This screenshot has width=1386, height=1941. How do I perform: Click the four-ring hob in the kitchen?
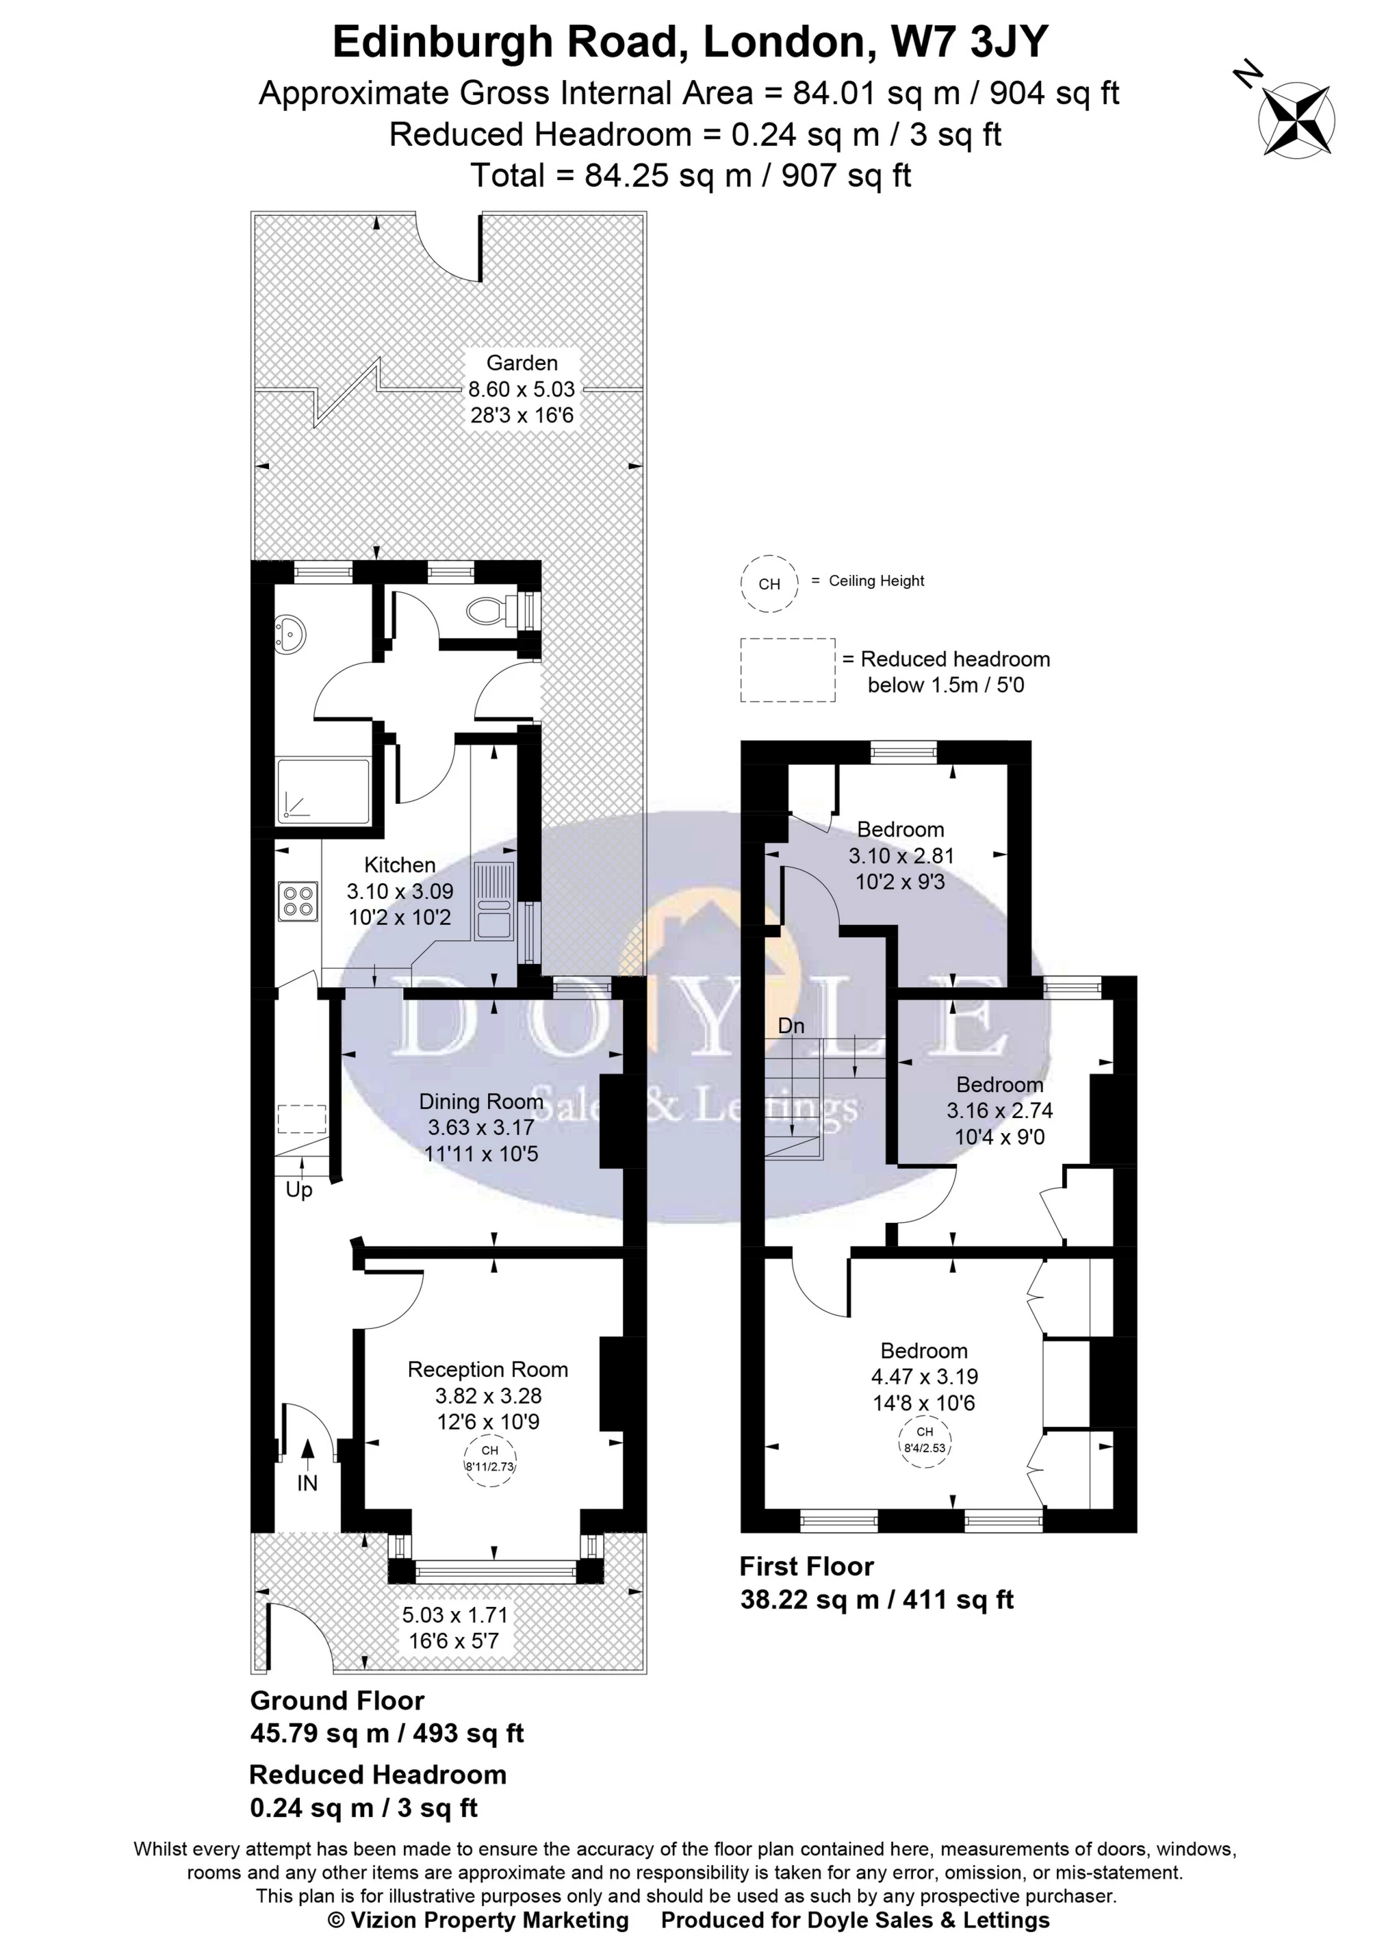tap(298, 902)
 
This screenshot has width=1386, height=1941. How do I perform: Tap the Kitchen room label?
tap(400, 865)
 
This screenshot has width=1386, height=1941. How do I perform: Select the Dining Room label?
tap(480, 1101)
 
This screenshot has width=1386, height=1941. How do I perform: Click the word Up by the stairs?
tap(298, 1189)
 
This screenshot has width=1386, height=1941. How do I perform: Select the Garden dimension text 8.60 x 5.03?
tap(522, 389)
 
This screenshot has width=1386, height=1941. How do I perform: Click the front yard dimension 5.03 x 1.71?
tap(455, 1614)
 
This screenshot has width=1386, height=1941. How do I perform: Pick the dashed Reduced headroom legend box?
tap(787, 670)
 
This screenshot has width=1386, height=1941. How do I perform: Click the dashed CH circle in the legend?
tap(769, 584)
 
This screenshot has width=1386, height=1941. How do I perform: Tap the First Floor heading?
tap(806, 1566)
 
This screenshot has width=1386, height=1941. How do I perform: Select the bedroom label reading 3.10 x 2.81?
tap(901, 855)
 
